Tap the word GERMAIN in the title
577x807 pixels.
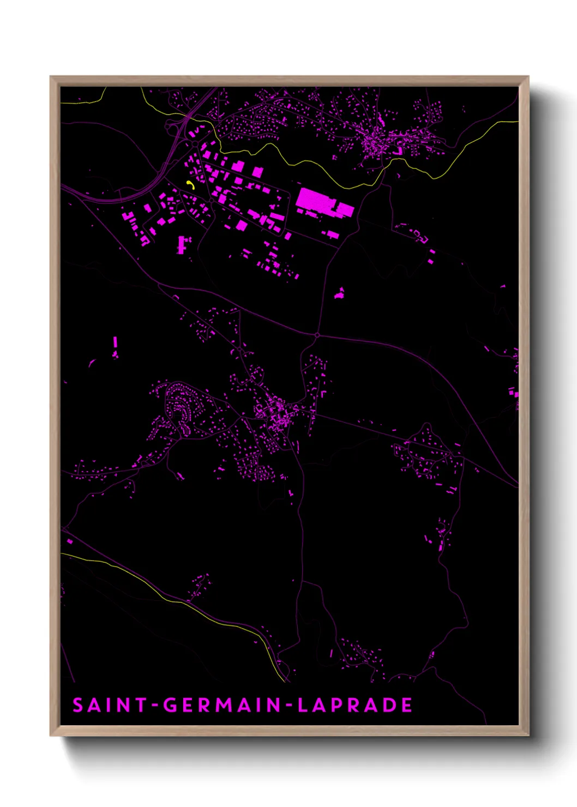(223, 705)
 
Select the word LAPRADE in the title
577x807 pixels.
(354, 705)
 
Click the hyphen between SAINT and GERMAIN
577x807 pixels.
(155, 706)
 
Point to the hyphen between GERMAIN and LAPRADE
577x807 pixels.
(290, 706)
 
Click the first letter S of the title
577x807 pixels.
(78, 705)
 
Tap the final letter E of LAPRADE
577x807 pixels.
(407, 705)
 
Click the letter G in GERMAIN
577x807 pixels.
(171, 705)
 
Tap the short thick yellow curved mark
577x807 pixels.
(190, 184)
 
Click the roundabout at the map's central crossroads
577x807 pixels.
(317, 335)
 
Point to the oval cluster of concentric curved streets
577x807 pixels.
(181, 406)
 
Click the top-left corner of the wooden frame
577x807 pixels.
(51, 77)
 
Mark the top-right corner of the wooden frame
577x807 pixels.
(528, 77)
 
